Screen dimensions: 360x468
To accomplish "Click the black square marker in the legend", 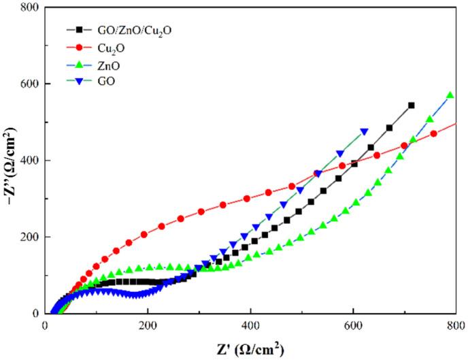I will [79, 31].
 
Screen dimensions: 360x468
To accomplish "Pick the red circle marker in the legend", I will [79, 48].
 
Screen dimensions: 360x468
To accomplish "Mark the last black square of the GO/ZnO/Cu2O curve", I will [412, 105].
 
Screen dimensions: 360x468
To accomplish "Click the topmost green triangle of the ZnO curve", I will [450, 95].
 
